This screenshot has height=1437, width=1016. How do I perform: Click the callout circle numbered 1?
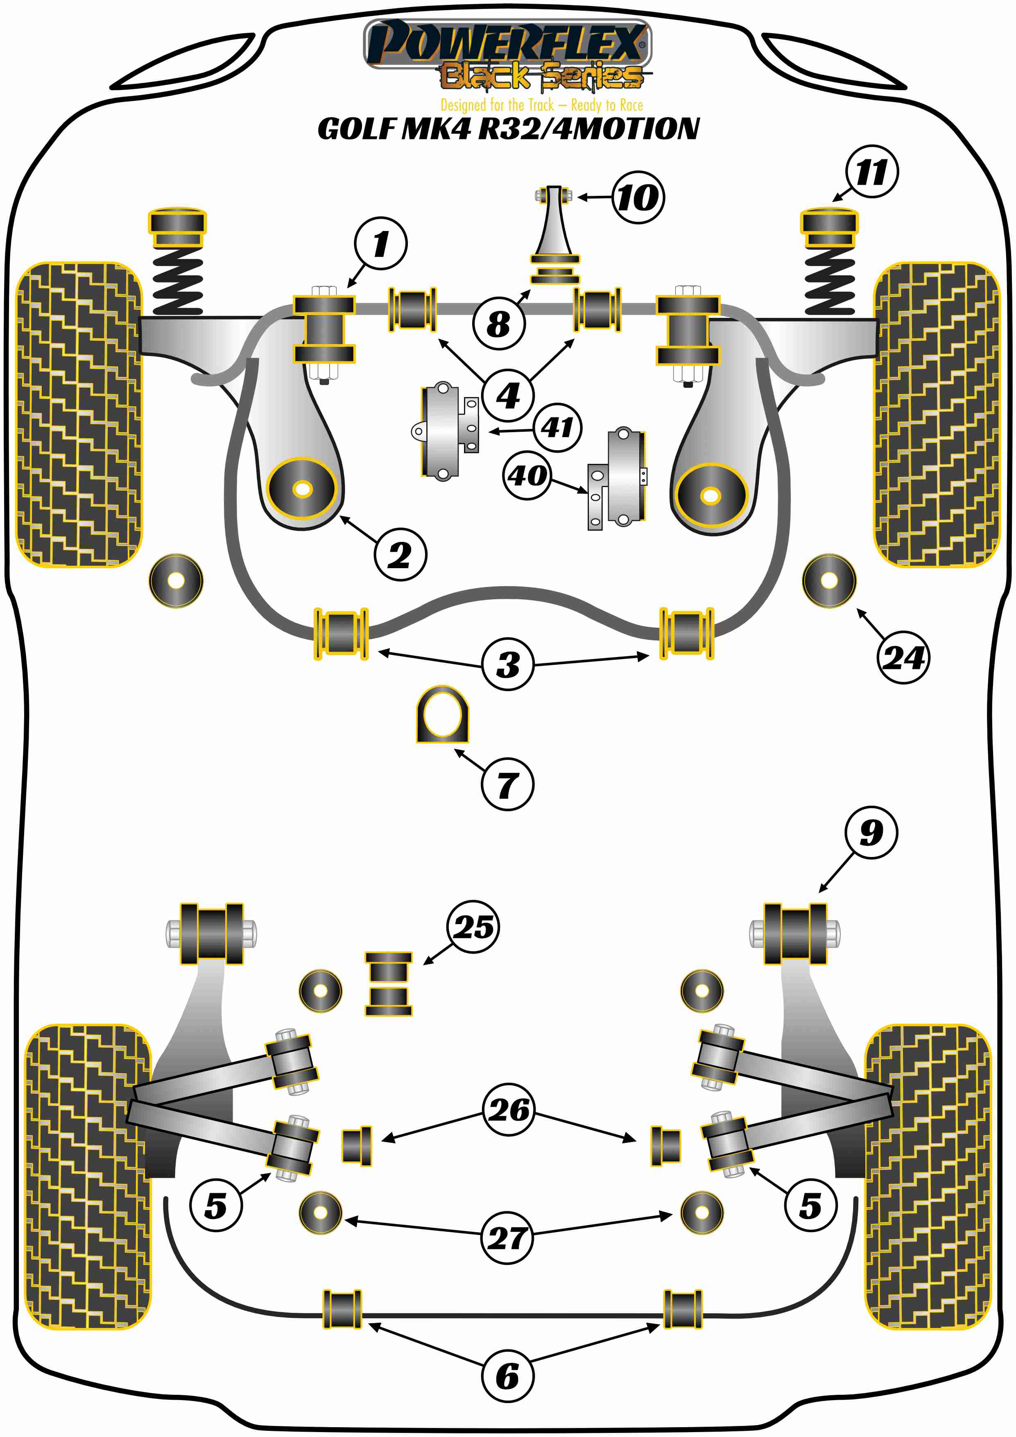(380, 243)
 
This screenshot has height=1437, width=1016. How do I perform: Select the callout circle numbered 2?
(401, 555)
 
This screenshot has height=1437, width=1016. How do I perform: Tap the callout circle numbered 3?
(508, 664)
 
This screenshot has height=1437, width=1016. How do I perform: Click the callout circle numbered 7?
(507, 784)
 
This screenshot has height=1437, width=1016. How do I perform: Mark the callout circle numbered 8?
(499, 324)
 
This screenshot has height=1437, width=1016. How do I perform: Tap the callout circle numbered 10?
(638, 197)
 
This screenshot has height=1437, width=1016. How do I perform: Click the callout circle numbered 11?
(871, 172)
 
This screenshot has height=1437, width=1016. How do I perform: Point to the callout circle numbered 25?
(473, 927)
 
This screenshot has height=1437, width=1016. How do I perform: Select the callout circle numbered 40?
(527, 475)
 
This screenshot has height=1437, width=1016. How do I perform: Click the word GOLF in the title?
(357, 129)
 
